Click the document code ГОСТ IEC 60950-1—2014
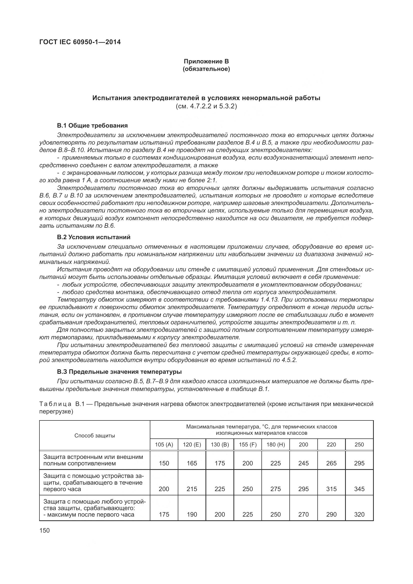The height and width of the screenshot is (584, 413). tap(80, 42)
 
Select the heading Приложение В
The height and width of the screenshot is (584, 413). tap(206, 61)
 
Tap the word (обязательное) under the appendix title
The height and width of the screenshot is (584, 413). tap(206, 69)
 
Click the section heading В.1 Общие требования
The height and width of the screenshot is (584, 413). tap(92, 125)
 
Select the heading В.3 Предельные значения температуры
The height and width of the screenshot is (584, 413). tap(119, 372)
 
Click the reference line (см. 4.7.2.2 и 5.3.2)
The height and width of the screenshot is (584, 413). tap(206, 106)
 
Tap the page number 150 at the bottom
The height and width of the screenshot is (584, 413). tap(44, 530)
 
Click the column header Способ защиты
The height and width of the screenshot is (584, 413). tap(95, 435)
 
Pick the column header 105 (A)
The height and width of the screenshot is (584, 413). tap(164, 444)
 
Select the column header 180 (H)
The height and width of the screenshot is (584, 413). tap(275, 444)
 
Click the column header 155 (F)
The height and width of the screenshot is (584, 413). tap(248, 444)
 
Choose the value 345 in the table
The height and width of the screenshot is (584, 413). tap(359, 489)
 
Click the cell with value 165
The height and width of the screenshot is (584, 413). tap(192, 463)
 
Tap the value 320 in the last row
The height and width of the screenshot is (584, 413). tap(359, 514)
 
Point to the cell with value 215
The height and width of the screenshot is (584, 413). tap(192, 489)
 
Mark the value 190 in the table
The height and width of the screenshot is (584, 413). tap(192, 514)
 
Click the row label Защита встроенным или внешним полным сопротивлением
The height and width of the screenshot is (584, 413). tap(93, 460)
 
